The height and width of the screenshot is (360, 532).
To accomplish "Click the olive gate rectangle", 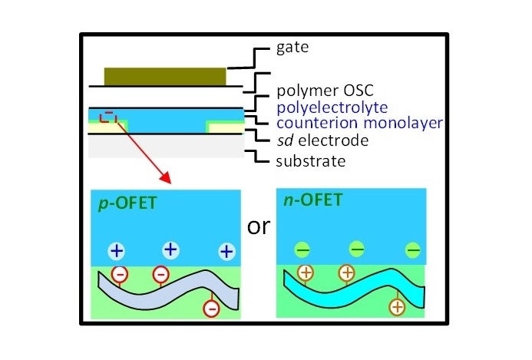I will (x=165, y=76).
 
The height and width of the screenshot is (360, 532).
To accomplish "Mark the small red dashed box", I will (x=109, y=117).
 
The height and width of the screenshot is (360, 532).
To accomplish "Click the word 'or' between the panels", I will (x=258, y=228).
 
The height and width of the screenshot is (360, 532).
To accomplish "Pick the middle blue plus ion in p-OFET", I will (x=170, y=249).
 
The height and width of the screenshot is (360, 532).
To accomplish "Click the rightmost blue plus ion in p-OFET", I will (x=226, y=252).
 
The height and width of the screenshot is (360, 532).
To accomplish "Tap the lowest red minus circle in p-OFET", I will (x=211, y=309).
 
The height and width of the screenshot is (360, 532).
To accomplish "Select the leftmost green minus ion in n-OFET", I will (x=302, y=249).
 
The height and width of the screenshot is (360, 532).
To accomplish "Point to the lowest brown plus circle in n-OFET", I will (x=397, y=307).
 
